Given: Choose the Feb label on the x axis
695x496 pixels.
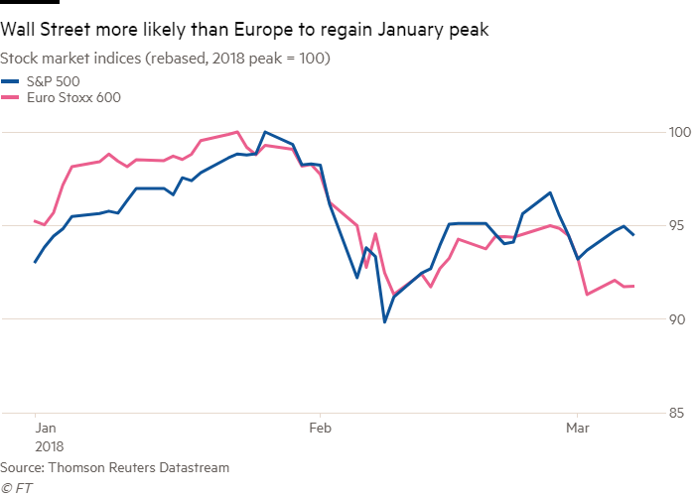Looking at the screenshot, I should click(320, 429).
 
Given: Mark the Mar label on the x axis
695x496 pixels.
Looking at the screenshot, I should click(576, 429).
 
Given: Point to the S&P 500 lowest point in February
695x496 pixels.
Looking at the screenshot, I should click(384, 322).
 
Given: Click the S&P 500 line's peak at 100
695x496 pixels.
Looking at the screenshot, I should click(264, 132).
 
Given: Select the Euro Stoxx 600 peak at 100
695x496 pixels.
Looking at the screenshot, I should click(236, 131).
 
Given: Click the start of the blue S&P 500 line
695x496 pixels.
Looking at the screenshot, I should click(35, 263).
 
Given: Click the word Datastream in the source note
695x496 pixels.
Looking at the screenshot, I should click(196, 466).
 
